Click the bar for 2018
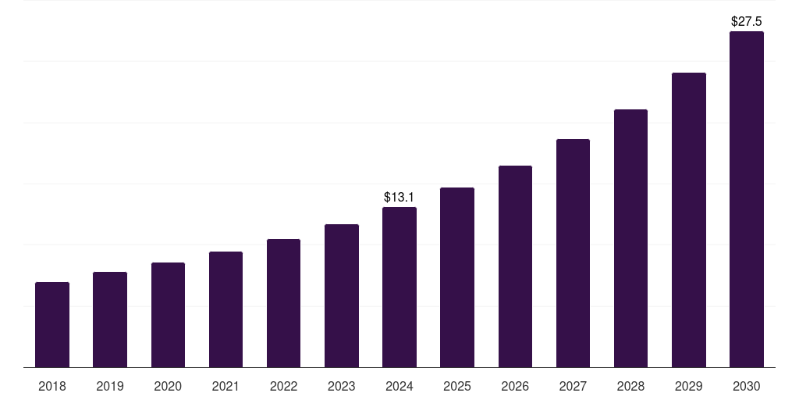pyautogui.click(x=52, y=324)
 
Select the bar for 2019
pyautogui.click(x=110, y=320)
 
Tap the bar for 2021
pyautogui.click(x=225, y=309)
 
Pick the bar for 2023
pyautogui.click(x=342, y=295)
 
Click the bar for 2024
pyautogui.click(x=399, y=287)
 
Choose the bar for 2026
pyautogui.click(x=515, y=266)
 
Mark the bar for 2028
pyautogui.click(x=630, y=238)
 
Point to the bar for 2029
pyautogui.click(x=688, y=220)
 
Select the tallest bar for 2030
pyautogui.click(x=746, y=199)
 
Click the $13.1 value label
pyautogui.click(x=399, y=198)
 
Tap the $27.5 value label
pyautogui.click(x=746, y=22)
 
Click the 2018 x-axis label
pyautogui.click(x=52, y=386)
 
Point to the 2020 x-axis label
pyautogui.click(x=168, y=386)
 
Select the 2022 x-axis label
pyautogui.click(x=283, y=386)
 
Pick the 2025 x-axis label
pyautogui.click(x=457, y=386)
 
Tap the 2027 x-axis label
pyautogui.click(x=573, y=386)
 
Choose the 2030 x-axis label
pyautogui.click(x=746, y=386)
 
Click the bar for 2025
pyautogui.click(x=457, y=277)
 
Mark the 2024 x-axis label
pyautogui.click(x=399, y=386)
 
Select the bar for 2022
pyautogui.click(x=283, y=303)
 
